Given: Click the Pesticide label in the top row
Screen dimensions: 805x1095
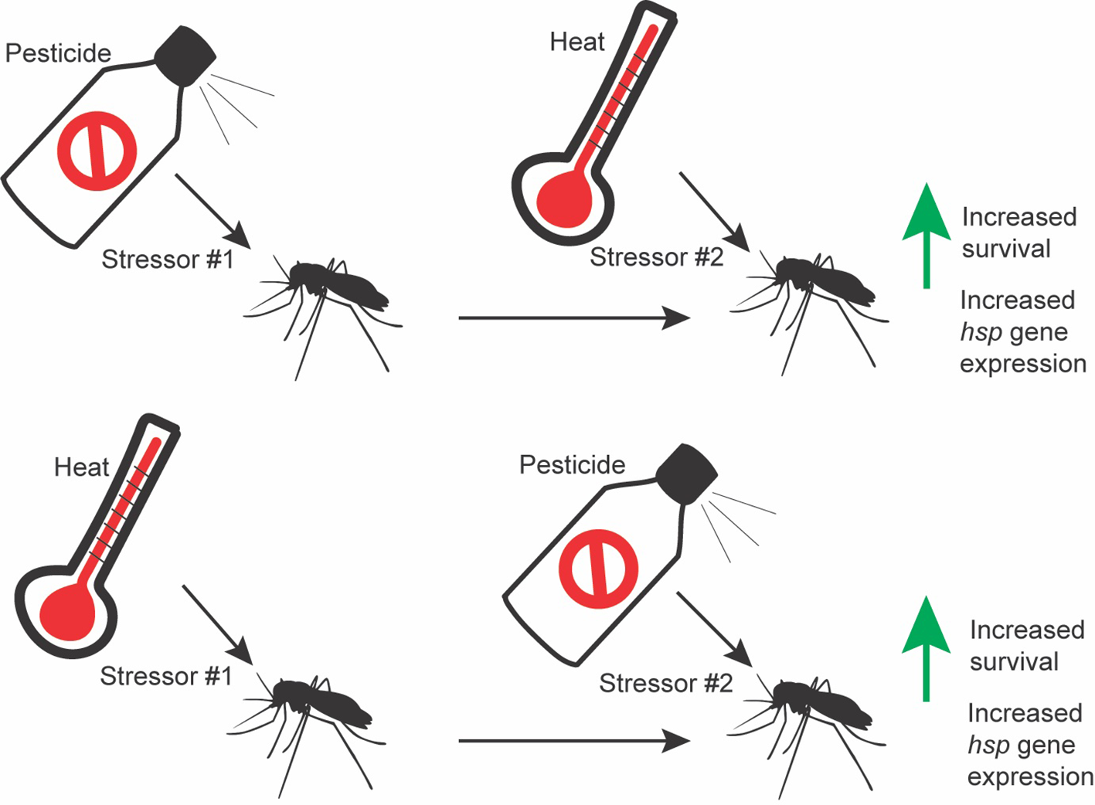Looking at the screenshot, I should [x=58, y=53].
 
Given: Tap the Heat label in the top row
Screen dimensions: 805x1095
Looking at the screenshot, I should [x=576, y=42].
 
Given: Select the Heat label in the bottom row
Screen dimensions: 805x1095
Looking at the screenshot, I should [x=81, y=467].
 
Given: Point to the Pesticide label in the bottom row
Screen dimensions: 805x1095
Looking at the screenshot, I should [x=572, y=465].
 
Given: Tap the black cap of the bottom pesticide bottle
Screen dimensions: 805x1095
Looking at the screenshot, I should [x=686, y=474].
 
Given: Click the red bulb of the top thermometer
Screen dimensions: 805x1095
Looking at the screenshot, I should [x=564, y=200].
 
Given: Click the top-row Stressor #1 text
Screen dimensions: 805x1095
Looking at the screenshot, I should [x=167, y=260].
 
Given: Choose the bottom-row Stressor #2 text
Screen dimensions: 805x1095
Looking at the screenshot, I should [x=665, y=684].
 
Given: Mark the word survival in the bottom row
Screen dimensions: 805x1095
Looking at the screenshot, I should [x=1014, y=662].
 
